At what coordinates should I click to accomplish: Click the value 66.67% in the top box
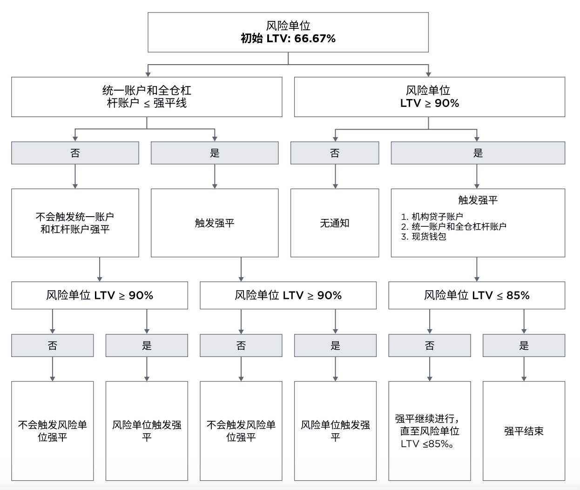(315, 39)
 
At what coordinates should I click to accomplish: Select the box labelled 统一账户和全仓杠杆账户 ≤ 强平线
(147, 97)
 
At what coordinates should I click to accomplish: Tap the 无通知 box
(335, 223)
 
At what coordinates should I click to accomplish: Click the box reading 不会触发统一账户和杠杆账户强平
(75, 223)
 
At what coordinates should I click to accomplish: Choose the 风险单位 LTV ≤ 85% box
(477, 295)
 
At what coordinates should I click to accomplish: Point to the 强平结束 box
(524, 431)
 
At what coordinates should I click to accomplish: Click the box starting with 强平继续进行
(429, 431)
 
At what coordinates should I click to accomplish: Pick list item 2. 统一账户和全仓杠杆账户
(453, 226)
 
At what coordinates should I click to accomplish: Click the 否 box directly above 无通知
(335, 153)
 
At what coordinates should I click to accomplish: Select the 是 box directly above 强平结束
(524, 345)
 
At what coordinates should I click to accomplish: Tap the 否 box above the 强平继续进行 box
(429, 345)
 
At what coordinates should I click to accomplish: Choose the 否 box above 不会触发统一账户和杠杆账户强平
(75, 153)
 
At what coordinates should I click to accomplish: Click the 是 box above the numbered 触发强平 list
(478, 153)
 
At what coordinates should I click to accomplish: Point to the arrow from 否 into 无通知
(335, 177)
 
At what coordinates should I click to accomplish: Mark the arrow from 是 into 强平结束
(524, 369)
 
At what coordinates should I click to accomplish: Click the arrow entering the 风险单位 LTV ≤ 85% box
(477, 270)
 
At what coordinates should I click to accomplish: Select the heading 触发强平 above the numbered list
(478, 200)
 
